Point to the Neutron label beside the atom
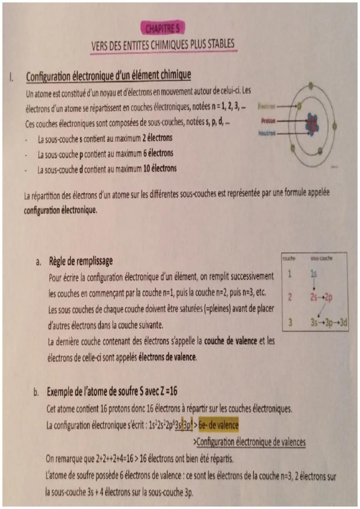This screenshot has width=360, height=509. coord(267,133)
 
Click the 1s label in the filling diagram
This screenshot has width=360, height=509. coord(314,274)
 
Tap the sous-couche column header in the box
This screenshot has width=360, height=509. coord(322,259)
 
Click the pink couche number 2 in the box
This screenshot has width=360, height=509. coord(289,298)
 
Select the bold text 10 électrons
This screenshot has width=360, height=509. coord(160,169)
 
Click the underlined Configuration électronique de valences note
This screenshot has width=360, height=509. coord(251,442)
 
